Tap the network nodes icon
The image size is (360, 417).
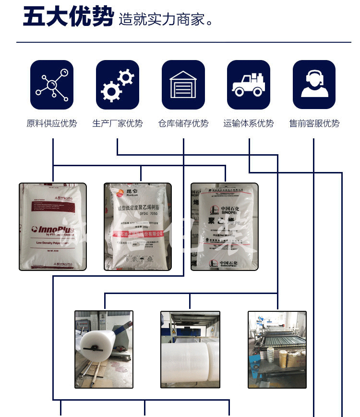pyautogui.click(x=52, y=85)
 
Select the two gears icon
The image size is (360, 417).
pyautogui.click(x=118, y=85)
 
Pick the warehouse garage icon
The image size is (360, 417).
pyautogui.click(x=183, y=85)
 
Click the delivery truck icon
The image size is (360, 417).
pyautogui.click(x=249, y=85)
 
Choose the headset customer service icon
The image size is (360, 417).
pyautogui.click(x=314, y=85)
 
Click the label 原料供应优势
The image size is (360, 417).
pyautogui.click(x=52, y=123)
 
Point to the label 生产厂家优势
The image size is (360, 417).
pyautogui.click(x=118, y=123)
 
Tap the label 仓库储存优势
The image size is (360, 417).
pyautogui.click(x=183, y=123)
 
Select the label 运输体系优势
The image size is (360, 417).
pyautogui.click(x=249, y=123)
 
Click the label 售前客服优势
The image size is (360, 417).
pyautogui.click(x=314, y=123)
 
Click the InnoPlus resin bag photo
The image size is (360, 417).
pyautogui.click(x=53, y=226)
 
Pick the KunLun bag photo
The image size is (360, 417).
pyautogui.click(x=138, y=226)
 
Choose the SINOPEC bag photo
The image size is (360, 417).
pyautogui.click(x=224, y=226)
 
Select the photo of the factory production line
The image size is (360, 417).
pyautogui.click(x=277, y=349)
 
